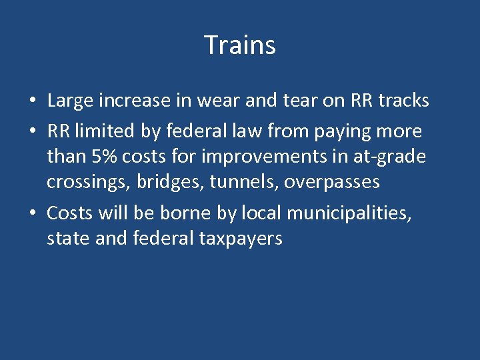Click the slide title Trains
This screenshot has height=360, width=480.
coord(240,45)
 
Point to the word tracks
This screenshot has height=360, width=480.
coord(403,101)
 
